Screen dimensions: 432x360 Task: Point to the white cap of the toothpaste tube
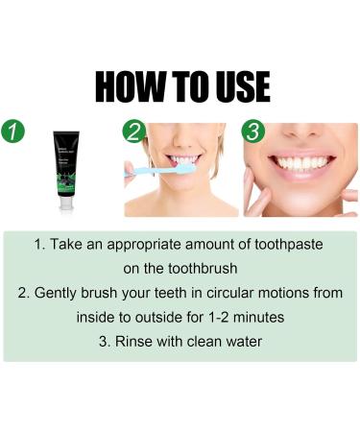point(66,203)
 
